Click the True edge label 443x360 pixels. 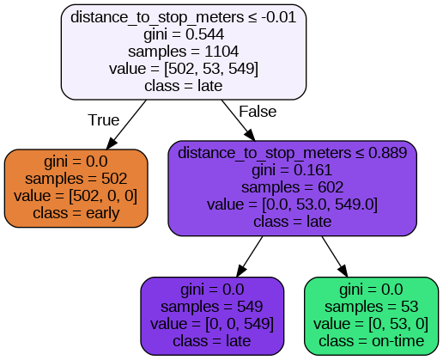pyautogui.click(x=104, y=119)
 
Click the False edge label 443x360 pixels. pyautogui.click(x=258, y=113)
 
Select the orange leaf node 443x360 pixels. pyautogui.click(x=76, y=188)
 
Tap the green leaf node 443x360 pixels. pyautogui.click(x=372, y=315)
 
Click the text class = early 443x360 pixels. pyautogui.click(x=76, y=213)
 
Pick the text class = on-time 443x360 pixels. pyautogui.click(x=372, y=340)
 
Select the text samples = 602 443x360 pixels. pyautogui.click(x=293, y=187)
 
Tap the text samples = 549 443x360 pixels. pyautogui.click(x=212, y=307)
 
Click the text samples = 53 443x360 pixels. pyautogui.click(x=372, y=307)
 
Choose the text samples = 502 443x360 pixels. pyautogui.click(x=76, y=180)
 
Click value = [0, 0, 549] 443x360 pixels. pyautogui.click(x=212, y=324)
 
